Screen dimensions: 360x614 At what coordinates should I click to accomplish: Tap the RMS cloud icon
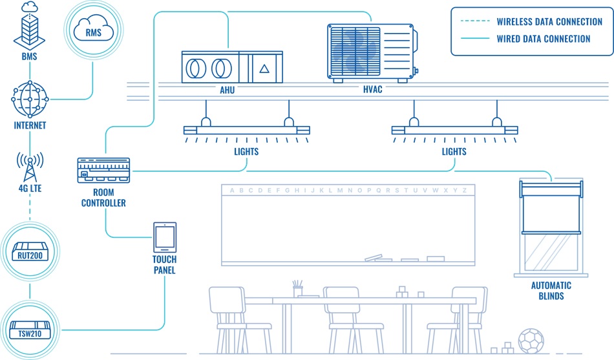pos(92,30)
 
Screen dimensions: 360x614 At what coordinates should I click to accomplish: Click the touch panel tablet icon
pos(164,238)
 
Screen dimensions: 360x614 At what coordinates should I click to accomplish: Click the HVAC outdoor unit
pos(370,53)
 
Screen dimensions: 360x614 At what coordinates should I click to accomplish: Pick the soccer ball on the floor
pos(531,341)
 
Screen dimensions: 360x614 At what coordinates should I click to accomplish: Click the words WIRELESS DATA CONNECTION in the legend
pos(549,21)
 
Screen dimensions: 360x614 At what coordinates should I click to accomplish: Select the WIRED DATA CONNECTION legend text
pos(543,39)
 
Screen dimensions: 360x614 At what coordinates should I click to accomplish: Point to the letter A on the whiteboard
pos(232,190)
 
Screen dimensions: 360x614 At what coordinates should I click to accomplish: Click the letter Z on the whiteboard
pos(464,190)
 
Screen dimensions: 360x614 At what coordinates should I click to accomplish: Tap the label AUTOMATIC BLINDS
pos(551,291)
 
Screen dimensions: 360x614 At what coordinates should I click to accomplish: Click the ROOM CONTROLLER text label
pos(103,198)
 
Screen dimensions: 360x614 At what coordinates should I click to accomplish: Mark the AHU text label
pos(227,90)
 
